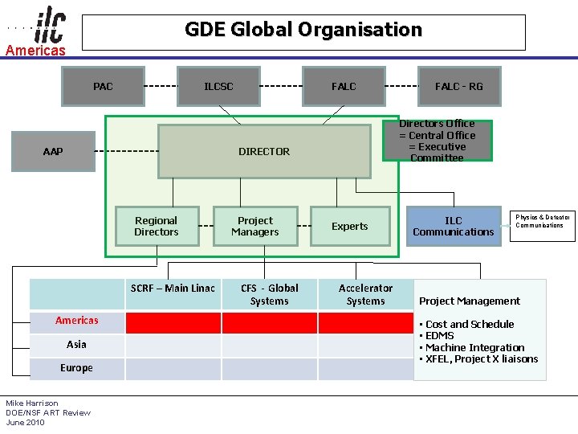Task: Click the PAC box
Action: pyautogui.click(x=104, y=86)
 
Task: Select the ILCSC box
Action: pyautogui.click(x=218, y=86)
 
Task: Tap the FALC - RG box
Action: pyautogui.click(x=459, y=86)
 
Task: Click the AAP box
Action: pyautogui.click(x=53, y=151)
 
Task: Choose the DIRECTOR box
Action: pyautogui.click(x=264, y=151)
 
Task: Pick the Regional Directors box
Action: pyautogui.click(x=157, y=226)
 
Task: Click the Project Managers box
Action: pyautogui.click(x=255, y=226)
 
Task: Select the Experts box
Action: pyautogui.click(x=350, y=227)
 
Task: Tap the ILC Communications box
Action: pyautogui.click(x=454, y=226)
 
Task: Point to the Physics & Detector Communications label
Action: pyautogui.click(x=543, y=221)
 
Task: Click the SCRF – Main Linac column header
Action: pyautogui.click(x=173, y=289)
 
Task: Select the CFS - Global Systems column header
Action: pyautogui.click(x=270, y=294)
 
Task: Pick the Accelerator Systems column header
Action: pyautogui.click(x=366, y=294)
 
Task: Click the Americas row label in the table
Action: pyautogui.click(x=77, y=321)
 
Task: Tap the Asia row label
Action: pyautogui.click(x=77, y=344)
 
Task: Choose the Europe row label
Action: pyautogui.click(x=77, y=368)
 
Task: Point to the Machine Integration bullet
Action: pyautogui.click(x=474, y=347)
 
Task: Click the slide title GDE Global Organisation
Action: pyautogui.click(x=303, y=31)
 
